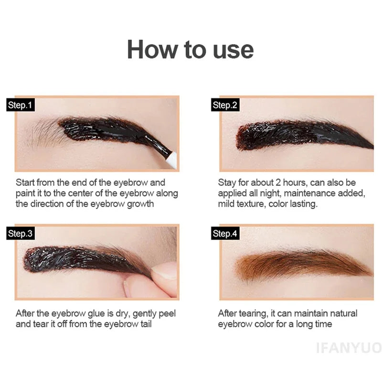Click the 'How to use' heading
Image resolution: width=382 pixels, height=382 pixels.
pos(190,50)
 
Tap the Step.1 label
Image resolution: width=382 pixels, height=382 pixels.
pos(20,105)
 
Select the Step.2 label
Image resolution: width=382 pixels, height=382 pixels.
pos(225,105)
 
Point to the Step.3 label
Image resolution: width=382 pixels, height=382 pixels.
pos(20,233)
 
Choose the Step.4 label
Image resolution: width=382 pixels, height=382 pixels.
pos(225,233)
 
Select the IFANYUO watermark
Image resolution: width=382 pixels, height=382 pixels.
pos(349,347)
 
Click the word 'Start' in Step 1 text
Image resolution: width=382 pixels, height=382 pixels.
pos(25,182)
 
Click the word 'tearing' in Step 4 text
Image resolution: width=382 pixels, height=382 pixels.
pos(254,314)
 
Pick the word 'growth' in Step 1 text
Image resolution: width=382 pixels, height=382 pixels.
pos(139,204)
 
